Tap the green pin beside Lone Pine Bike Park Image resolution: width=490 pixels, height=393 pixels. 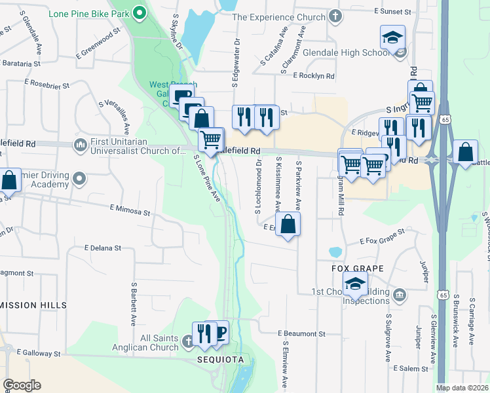coord(140,13)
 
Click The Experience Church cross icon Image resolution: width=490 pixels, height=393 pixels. coord(335,15)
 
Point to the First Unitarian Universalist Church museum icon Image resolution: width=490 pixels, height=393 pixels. coord(81,144)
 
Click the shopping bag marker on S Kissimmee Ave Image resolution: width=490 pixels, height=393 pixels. coord(288,225)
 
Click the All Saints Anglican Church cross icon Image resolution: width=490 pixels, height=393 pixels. coord(188,341)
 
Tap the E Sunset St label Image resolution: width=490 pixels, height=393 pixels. coord(392,12)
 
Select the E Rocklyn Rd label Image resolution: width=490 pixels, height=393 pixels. coord(314,76)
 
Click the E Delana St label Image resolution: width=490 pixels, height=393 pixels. coord(103,248)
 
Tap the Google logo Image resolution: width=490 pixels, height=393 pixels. coord(22,385)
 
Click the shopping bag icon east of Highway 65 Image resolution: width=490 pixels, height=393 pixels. coord(465,152)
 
